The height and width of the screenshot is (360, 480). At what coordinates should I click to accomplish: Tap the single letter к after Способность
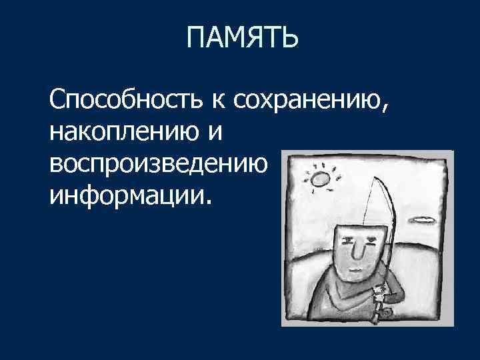point(217,101)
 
